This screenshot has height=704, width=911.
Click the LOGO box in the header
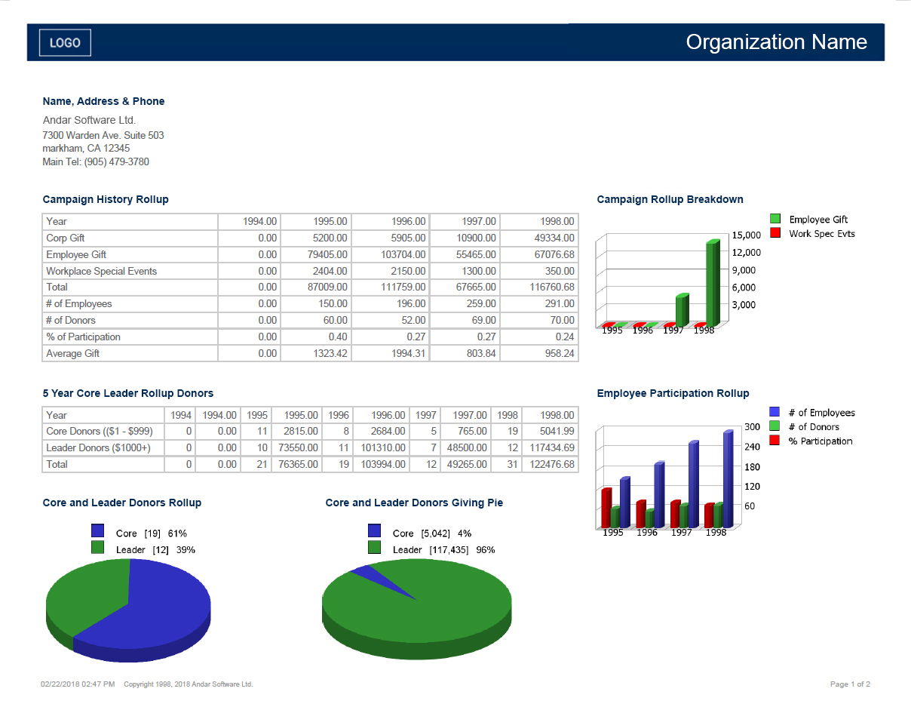pos(65,43)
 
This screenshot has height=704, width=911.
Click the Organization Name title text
pos(776,42)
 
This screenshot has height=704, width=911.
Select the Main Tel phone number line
pos(96,161)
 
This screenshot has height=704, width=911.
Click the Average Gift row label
pos(72,353)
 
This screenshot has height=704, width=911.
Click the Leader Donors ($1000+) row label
pos(98,447)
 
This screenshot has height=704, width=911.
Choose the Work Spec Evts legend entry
pos(821,234)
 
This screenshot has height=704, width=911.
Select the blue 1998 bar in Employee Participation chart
pos(728,479)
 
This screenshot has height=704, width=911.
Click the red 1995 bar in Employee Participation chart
pos(606,509)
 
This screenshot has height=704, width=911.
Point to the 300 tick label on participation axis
pos(752,427)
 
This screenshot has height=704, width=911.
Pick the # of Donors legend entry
pos(814,427)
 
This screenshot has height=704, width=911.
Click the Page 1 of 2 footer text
pos(850,684)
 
